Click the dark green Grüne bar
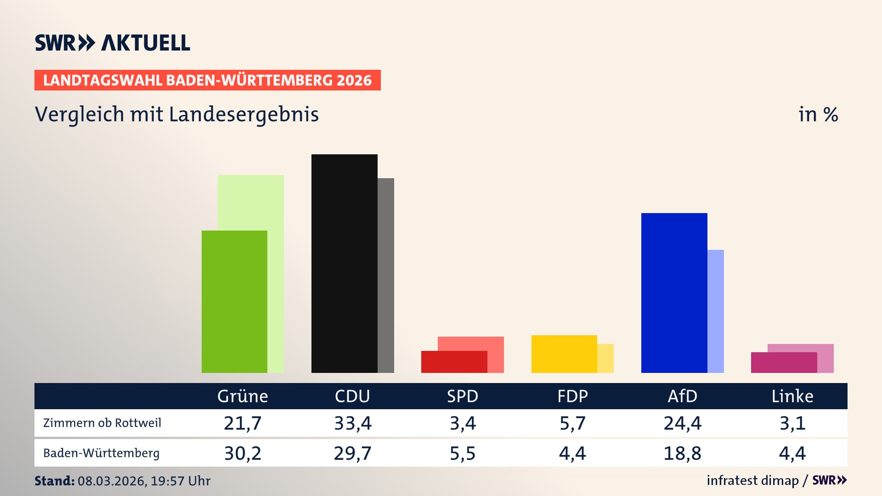pos(234,301)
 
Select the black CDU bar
pos(344,263)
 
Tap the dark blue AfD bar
pos(674,293)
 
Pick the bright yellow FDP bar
pos(564,354)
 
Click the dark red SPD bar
pos(454,362)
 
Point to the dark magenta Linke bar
pos(784,362)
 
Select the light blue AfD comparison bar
pos(716,311)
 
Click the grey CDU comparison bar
pos(386,275)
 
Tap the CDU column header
pos(352,396)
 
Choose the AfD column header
pos(682,396)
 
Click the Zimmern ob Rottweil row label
pos(102,423)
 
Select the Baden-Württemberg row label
pos(101,453)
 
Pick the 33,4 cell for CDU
pos(352,423)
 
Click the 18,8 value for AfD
pos(682,453)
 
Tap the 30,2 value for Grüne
pos(243,453)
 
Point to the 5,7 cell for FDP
pos(572,423)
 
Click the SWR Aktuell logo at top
pos(112,43)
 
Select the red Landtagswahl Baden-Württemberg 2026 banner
pos(207,80)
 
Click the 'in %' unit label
pos(818,114)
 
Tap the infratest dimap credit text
pos(752,480)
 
